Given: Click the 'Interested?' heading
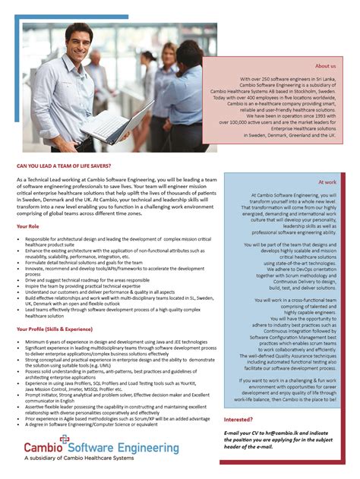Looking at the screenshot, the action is [x=238, y=419].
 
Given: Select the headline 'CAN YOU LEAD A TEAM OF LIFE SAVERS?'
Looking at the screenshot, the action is [x=71, y=165].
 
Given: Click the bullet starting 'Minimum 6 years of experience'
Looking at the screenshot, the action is [x=99, y=342].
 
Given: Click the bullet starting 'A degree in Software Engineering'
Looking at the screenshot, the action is [x=91, y=424].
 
